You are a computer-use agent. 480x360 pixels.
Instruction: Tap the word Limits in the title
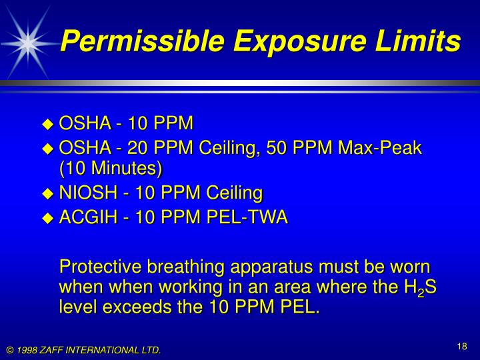419,42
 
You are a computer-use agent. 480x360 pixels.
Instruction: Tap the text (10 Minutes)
111,168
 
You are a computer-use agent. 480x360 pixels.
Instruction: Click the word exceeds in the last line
130,308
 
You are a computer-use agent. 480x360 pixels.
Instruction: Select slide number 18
462,346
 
